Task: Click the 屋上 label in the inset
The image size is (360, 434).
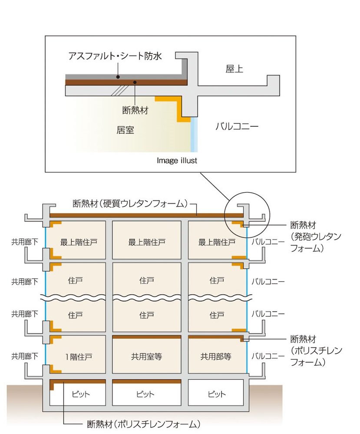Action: [x=234, y=69]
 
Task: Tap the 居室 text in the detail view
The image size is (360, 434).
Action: [x=125, y=130]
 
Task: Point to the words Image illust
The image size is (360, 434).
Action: [x=177, y=161]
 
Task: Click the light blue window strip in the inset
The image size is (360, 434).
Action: [x=194, y=135]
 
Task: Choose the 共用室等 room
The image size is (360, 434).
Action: [x=146, y=357]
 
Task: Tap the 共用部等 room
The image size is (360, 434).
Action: [x=216, y=357]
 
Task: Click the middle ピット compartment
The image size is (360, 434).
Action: [x=146, y=395]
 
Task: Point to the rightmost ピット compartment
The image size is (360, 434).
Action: [x=216, y=395]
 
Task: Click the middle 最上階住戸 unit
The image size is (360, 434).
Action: [x=146, y=242]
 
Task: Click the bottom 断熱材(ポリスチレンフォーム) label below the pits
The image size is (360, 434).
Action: [x=144, y=424]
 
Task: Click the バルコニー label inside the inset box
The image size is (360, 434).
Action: [x=237, y=126]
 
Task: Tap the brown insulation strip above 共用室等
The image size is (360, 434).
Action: [x=146, y=336]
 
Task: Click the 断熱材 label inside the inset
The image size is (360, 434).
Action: [x=135, y=110]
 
